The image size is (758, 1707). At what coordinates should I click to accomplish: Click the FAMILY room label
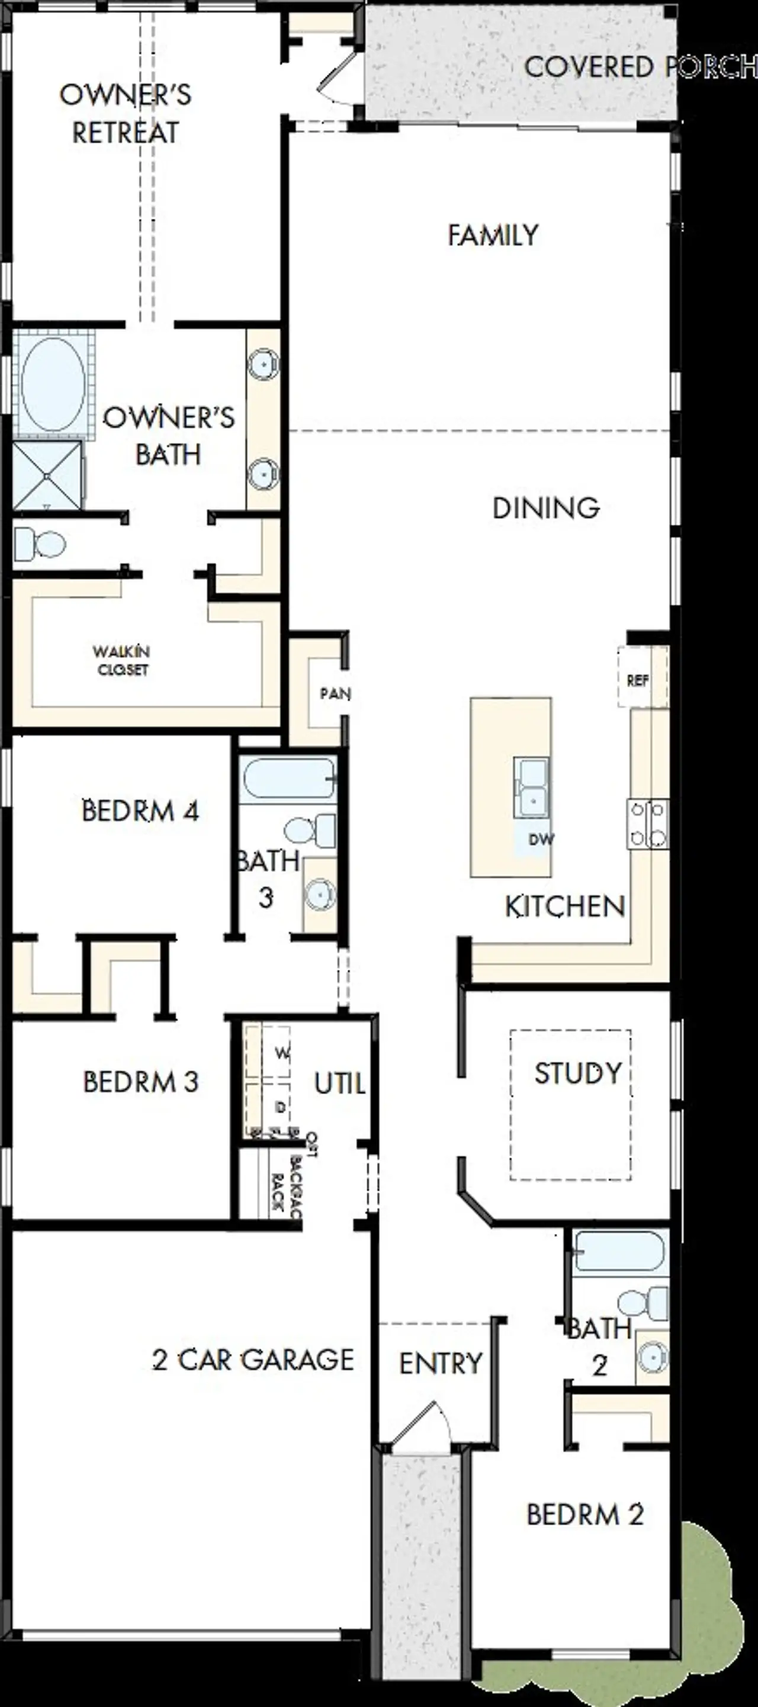(x=493, y=235)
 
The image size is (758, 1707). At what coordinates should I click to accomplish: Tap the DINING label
(x=546, y=508)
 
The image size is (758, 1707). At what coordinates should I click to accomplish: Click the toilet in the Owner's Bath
(x=40, y=544)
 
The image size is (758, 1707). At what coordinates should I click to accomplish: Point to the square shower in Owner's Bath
(x=46, y=475)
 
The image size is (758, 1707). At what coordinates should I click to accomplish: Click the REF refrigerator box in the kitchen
(x=637, y=680)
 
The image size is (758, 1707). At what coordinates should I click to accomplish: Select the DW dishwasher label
(x=541, y=840)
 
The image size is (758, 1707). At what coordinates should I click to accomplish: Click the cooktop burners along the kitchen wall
(x=647, y=824)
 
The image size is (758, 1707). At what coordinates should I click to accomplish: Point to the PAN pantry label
(x=335, y=694)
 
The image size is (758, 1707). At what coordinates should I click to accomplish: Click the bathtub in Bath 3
(x=288, y=778)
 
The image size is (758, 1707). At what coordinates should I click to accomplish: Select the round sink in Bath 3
(x=320, y=895)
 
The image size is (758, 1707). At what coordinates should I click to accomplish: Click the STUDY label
(x=578, y=1073)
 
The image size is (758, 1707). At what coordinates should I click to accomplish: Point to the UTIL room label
(x=339, y=1084)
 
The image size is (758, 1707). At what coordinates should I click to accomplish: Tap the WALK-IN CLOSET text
(x=122, y=661)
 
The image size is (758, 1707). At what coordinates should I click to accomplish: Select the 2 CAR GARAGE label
(x=253, y=1360)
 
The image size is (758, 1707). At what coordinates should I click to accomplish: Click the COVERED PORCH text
(x=640, y=67)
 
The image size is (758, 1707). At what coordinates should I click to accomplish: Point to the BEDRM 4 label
(x=140, y=811)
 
